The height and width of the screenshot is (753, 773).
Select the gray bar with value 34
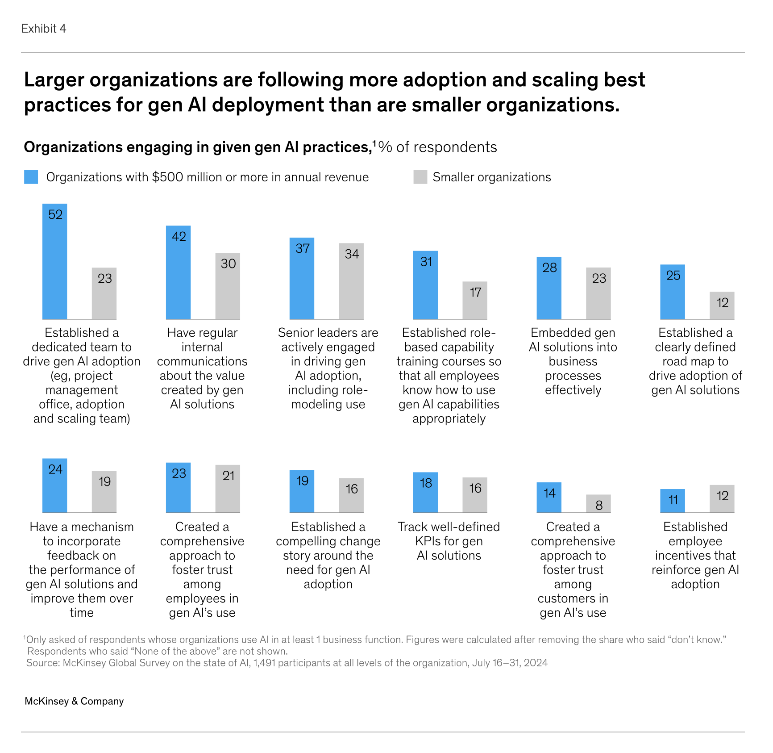point(351,281)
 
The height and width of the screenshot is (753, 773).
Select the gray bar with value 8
point(598,503)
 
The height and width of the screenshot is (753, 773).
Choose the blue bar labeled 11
point(673,501)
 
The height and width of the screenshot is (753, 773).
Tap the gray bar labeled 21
point(228,489)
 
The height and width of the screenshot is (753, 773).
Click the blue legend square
point(31,177)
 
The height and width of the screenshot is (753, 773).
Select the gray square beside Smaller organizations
point(420,177)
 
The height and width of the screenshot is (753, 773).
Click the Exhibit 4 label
point(44,29)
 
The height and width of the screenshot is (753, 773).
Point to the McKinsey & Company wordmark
point(74,701)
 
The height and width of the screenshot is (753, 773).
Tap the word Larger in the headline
point(54,80)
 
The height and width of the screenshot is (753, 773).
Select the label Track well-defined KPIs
point(449,534)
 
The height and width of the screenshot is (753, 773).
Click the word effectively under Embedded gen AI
point(573,390)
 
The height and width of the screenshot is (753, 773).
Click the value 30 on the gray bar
point(228,264)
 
